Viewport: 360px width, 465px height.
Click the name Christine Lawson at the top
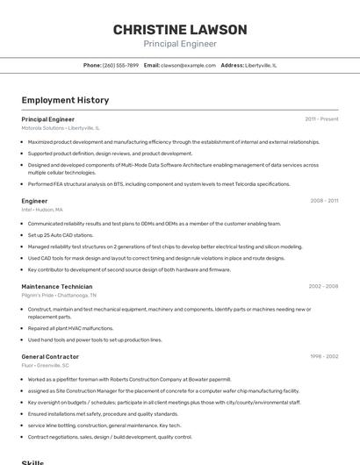coord(180,30)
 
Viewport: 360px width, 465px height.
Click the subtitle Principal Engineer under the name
coord(180,44)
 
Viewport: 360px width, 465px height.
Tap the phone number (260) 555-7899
coord(120,65)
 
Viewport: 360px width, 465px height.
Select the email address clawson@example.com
coord(188,65)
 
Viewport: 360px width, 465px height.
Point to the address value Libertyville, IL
coord(261,65)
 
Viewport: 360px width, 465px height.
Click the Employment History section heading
coord(65,100)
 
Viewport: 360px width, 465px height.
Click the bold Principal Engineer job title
coord(47,118)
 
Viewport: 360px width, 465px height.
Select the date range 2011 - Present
coord(321,118)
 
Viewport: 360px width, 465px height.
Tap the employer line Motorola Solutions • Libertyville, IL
coord(61,127)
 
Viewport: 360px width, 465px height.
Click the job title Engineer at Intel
coord(34,201)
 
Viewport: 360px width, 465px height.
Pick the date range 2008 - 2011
coord(324,201)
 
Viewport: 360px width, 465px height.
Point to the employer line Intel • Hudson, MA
coord(42,210)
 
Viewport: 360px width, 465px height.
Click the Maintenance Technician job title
coord(56,286)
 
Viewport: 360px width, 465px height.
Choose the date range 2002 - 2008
coord(323,286)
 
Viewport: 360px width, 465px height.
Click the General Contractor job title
coord(50,357)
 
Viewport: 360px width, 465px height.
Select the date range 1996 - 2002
coord(323,357)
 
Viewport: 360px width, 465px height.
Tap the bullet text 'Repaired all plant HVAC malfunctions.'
coord(70,328)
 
